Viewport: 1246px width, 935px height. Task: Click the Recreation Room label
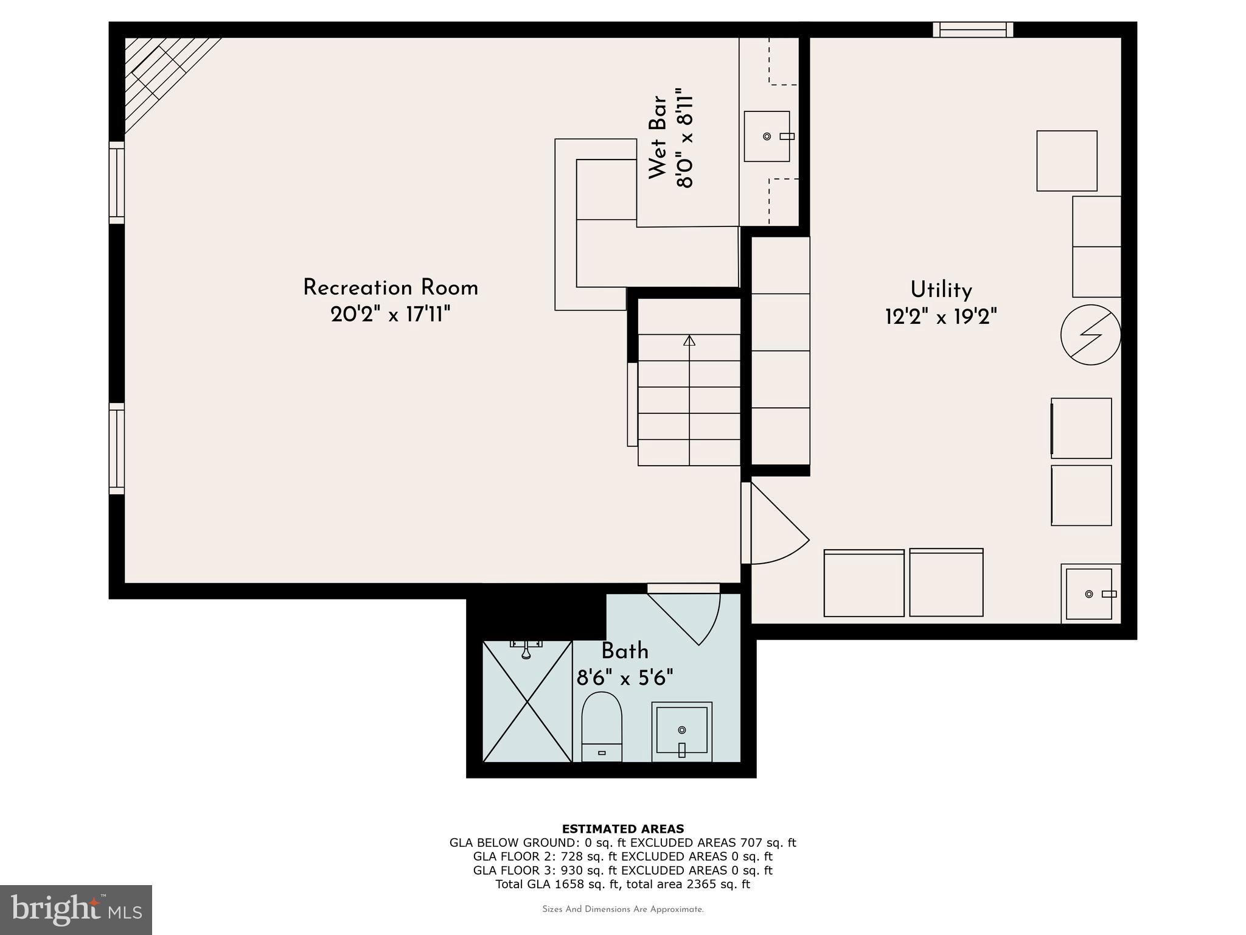click(x=391, y=288)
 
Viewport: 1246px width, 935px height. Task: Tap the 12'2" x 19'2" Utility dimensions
click(x=941, y=317)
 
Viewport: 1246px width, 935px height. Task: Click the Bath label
click(x=625, y=651)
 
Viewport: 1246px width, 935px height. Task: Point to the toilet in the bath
click(x=602, y=727)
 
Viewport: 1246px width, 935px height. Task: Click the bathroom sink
click(x=681, y=730)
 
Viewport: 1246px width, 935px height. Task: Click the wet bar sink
click(x=767, y=136)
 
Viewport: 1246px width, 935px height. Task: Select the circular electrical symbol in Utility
click(x=1090, y=335)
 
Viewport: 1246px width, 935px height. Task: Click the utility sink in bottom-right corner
click(x=1089, y=594)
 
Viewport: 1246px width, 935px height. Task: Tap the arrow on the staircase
click(x=689, y=341)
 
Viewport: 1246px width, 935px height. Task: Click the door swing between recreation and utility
click(x=776, y=527)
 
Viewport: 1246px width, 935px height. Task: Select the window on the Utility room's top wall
click(x=973, y=30)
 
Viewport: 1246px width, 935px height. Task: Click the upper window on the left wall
click(x=117, y=183)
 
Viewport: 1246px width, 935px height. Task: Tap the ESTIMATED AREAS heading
click(x=622, y=828)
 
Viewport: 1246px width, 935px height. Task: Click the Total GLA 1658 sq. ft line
click(x=622, y=884)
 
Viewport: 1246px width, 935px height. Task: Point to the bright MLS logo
click(x=76, y=909)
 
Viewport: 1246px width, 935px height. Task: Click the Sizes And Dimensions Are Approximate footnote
click(x=622, y=909)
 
